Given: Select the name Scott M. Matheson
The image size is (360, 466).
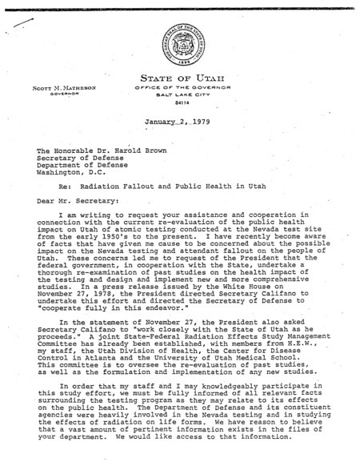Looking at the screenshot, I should [50, 86].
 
